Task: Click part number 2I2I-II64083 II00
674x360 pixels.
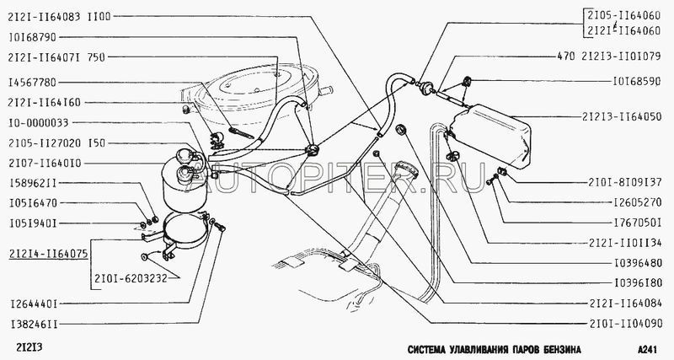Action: pos(59,16)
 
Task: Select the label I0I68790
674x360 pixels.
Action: pos(32,37)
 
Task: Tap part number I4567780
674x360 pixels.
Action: pos(32,82)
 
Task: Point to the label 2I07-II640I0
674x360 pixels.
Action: pos(45,164)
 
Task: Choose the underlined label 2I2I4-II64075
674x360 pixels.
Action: pos(48,254)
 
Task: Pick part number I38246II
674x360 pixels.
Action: pos(34,324)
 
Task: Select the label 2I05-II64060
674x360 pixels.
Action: pos(623,16)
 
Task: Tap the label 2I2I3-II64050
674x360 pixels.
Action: pos(622,116)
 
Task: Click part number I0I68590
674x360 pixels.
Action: pos(637,81)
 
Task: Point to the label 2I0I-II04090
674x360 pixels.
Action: pos(626,324)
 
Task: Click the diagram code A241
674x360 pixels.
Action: pos(648,349)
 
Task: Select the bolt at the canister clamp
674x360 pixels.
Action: pos(220,227)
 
